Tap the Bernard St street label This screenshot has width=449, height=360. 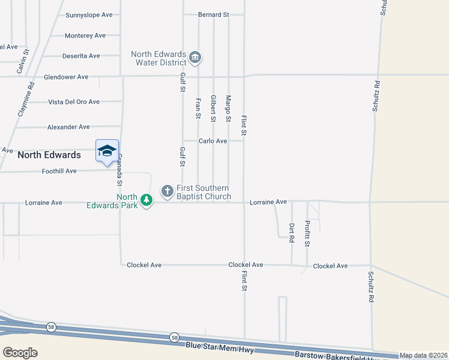[x=214, y=14]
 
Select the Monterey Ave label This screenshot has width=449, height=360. [x=85, y=35]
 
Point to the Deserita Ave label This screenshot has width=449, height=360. [x=81, y=56]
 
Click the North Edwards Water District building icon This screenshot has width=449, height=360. [x=195, y=58]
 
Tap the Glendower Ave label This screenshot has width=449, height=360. [x=66, y=77]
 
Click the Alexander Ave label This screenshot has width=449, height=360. [x=68, y=127]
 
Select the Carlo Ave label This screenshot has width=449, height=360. [x=213, y=141]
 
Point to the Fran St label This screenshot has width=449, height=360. [x=197, y=108]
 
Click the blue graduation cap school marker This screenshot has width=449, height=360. [x=107, y=150]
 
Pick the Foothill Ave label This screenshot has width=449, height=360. [x=59, y=171]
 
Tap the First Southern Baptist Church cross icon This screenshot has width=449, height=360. [x=167, y=191]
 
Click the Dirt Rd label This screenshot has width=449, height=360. [x=292, y=233]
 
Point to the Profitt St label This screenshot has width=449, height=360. [x=307, y=233]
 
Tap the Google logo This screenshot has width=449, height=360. [x=20, y=353]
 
